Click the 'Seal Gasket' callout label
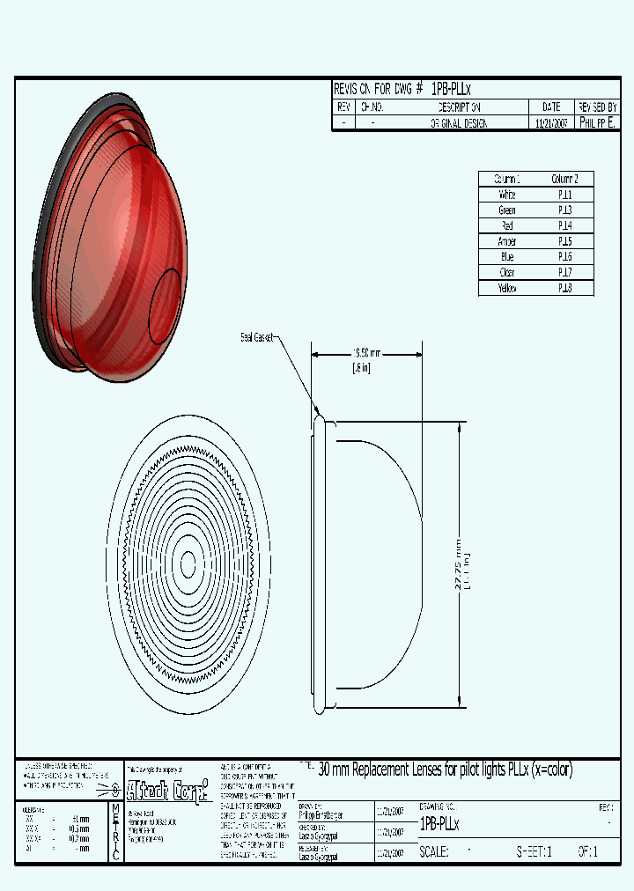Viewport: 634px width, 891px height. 258,336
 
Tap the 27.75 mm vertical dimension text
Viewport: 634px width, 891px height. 457,563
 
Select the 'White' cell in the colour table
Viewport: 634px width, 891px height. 507,195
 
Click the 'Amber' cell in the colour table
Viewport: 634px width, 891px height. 507,241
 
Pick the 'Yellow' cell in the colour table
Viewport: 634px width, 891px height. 507,288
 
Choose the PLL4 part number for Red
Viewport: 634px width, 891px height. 564,225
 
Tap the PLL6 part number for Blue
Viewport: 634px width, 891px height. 564,257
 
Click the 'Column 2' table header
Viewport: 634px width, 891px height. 564,179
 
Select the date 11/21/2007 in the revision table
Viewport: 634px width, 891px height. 553,124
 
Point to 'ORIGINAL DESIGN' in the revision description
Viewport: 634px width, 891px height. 459,124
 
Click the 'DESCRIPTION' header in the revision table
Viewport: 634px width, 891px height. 459,107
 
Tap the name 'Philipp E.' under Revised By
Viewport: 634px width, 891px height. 598,123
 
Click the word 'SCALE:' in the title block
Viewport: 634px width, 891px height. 434,852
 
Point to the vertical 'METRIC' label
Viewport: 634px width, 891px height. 116,832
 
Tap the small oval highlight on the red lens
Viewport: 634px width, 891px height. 165,305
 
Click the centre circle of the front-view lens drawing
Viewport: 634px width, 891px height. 188,563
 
